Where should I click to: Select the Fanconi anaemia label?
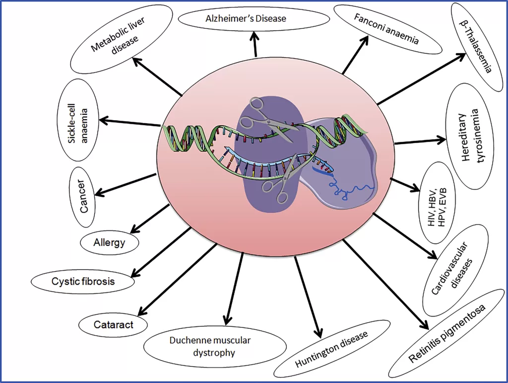[387, 29]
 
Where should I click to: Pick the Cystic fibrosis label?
[83, 282]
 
